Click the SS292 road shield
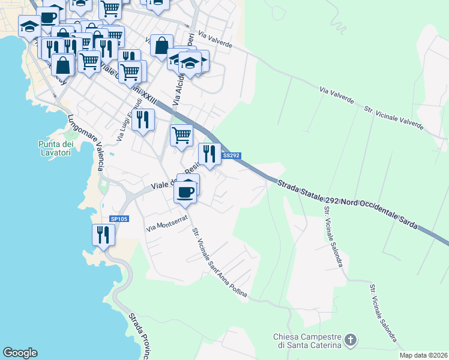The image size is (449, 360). [x=232, y=155]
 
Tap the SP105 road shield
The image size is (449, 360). [x=119, y=219]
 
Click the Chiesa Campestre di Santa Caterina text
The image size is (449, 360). [x=307, y=341]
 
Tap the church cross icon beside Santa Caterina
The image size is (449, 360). [x=351, y=341]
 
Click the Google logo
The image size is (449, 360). [x=20, y=353]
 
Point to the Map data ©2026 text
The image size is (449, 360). [x=423, y=355]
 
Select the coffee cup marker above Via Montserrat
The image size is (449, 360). [x=185, y=192]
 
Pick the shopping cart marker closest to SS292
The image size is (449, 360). [x=181, y=135]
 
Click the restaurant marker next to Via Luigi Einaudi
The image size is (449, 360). [x=143, y=119]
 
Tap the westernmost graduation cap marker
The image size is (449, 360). [x=29, y=26]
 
